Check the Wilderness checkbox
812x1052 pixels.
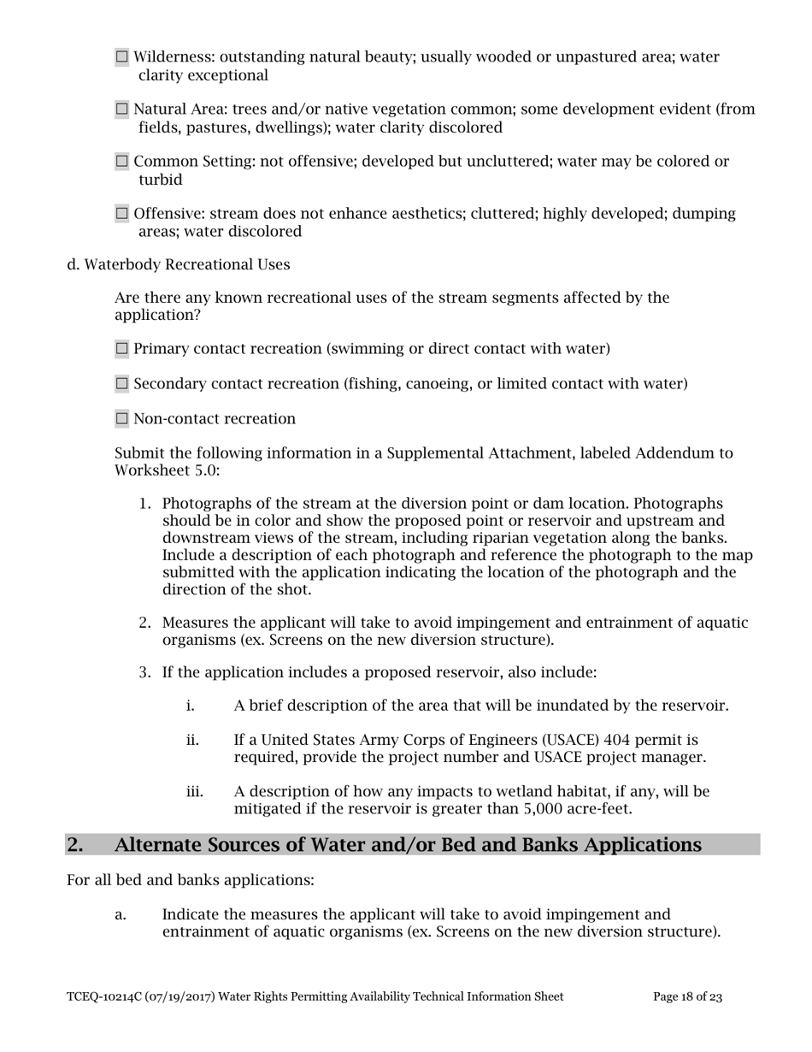[x=121, y=57]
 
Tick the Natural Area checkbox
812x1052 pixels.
[x=121, y=109]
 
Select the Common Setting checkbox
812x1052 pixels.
[x=121, y=162]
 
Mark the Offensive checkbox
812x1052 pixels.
[x=121, y=214]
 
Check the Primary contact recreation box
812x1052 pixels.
[x=121, y=349]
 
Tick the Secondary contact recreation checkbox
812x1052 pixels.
[x=121, y=384]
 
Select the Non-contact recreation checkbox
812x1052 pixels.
[x=121, y=419]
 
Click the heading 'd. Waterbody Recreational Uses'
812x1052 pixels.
[x=178, y=265]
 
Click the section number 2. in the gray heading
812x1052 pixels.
[x=75, y=845]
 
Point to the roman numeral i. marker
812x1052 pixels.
[x=191, y=706]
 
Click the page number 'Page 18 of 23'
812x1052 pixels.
[x=687, y=996]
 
